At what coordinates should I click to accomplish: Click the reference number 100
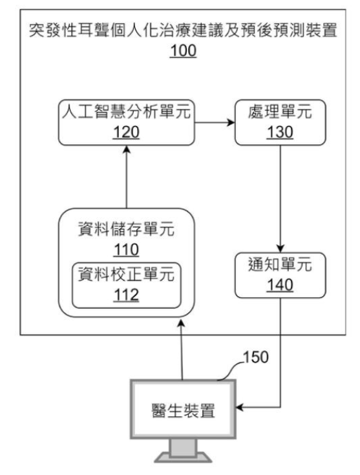[x=183, y=50]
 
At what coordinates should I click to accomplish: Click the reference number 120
[x=126, y=132]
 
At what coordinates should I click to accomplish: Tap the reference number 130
[x=280, y=132]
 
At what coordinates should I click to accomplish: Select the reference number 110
[x=126, y=250]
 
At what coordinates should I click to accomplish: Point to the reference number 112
[x=126, y=295]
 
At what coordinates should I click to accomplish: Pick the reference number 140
[x=280, y=285]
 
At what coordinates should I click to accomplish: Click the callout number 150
[x=255, y=357]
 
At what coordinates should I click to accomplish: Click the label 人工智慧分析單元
[x=126, y=111]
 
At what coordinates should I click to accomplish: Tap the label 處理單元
[x=280, y=111]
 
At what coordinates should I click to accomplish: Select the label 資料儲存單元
[x=126, y=229]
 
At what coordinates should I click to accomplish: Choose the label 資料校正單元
[x=126, y=274]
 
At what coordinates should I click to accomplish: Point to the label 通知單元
[x=280, y=264]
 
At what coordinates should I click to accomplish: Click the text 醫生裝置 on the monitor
[x=183, y=411]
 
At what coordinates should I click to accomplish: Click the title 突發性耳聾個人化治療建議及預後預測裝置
[x=183, y=30]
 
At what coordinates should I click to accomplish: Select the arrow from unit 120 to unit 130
[x=215, y=123]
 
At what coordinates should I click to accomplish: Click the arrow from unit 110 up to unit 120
[x=127, y=176]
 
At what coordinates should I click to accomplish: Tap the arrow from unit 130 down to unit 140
[x=280, y=199]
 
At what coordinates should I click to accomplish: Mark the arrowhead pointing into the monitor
[x=239, y=407]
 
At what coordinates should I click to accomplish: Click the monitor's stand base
[x=183, y=458]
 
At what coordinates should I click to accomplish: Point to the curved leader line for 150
[x=230, y=371]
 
